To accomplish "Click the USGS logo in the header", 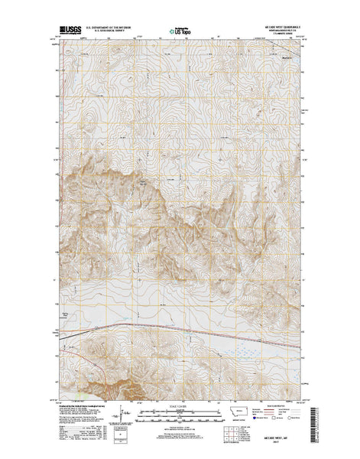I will pyautogui.click(x=67, y=30).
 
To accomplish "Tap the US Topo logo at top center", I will pyautogui.click(x=181, y=31).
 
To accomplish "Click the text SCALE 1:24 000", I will pyautogui.click(x=180, y=400).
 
